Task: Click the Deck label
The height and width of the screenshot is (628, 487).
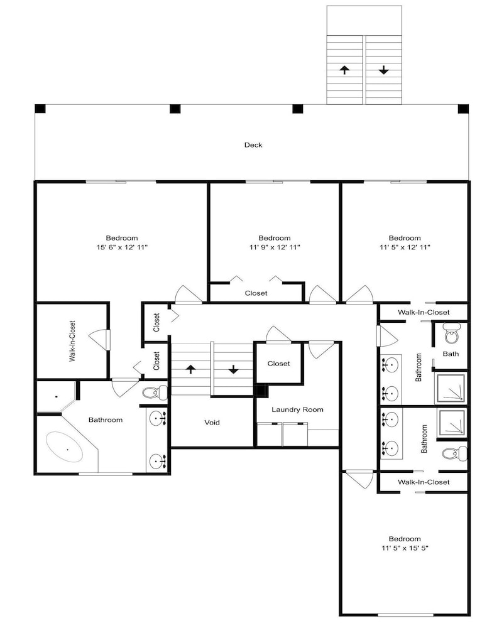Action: coord(253,145)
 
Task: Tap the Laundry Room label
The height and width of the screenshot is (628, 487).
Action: coord(297,409)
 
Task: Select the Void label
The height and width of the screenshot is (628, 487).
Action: coord(212,422)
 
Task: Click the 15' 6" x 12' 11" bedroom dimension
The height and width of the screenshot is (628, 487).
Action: coord(122,247)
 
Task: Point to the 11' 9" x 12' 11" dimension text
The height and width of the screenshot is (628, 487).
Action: coord(275,247)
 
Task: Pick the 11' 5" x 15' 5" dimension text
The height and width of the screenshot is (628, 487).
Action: coord(405,548)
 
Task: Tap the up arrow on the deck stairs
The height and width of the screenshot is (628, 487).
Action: coord(344,70)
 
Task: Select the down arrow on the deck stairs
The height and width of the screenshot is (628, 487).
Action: coord(383,70)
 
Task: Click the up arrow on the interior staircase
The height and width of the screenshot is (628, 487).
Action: coord(191,369)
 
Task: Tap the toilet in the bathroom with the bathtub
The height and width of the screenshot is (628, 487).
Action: coord(155,392)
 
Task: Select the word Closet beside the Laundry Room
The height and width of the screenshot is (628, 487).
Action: coord(278,364)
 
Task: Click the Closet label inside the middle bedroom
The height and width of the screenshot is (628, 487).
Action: coord(256,293)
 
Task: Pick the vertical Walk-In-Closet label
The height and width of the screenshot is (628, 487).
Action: coord(72,341)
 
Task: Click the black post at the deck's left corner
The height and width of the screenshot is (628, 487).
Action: coord(40,109)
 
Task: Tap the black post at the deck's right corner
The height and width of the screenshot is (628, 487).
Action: coord(463,109)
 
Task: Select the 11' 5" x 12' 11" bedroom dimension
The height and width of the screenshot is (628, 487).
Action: coord(405,247)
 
